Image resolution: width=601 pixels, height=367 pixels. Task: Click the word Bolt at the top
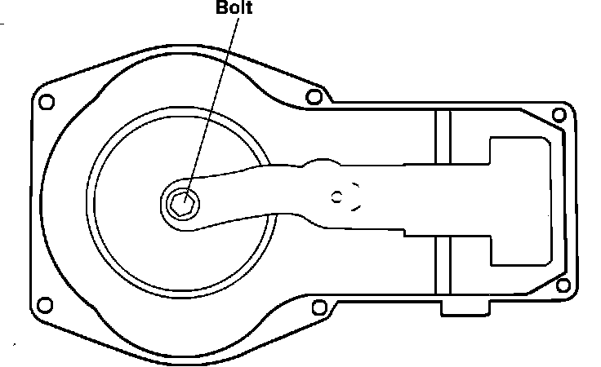click(234, 11)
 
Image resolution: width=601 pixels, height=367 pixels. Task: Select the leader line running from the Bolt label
click(214, 98)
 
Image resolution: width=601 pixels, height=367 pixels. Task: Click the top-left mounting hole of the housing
click(47, 102)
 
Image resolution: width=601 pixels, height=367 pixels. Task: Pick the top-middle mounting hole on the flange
click(313, 97)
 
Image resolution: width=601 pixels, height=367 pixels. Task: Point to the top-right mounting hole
click(559, 115)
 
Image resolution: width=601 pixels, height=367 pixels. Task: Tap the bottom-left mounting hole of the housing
click(47, 306)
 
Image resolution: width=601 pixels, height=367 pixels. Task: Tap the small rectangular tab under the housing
click(465, 308)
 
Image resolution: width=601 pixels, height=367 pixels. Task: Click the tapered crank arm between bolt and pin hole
click(245, 196)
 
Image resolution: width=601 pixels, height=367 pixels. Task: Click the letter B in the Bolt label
click(220, 11)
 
